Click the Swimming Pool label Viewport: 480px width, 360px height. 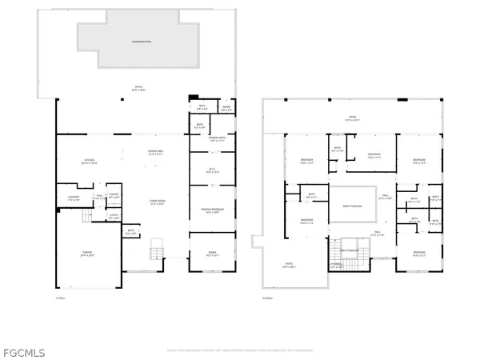138,39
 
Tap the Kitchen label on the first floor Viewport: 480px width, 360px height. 90,162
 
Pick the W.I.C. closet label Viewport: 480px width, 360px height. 212,170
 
